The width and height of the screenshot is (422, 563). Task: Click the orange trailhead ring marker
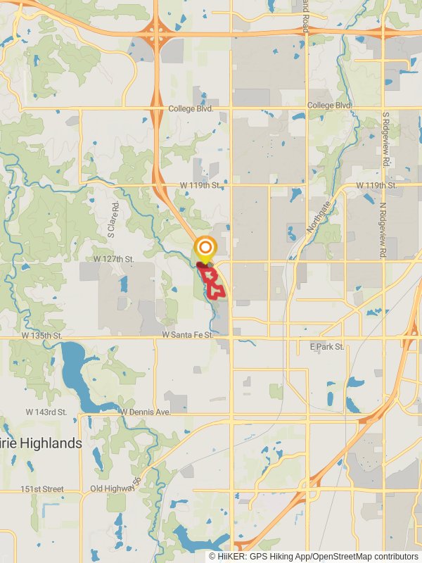pos(205,248)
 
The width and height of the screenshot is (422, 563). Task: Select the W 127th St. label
pos(113,259)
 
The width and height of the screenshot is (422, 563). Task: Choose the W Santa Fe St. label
pos(188,336)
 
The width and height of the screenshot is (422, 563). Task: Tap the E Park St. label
pos(327,347)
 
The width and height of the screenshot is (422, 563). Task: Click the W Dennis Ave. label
pos(146,412)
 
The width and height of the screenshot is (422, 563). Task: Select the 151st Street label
pos(41,489)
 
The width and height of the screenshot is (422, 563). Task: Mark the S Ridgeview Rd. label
pos(385,138)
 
